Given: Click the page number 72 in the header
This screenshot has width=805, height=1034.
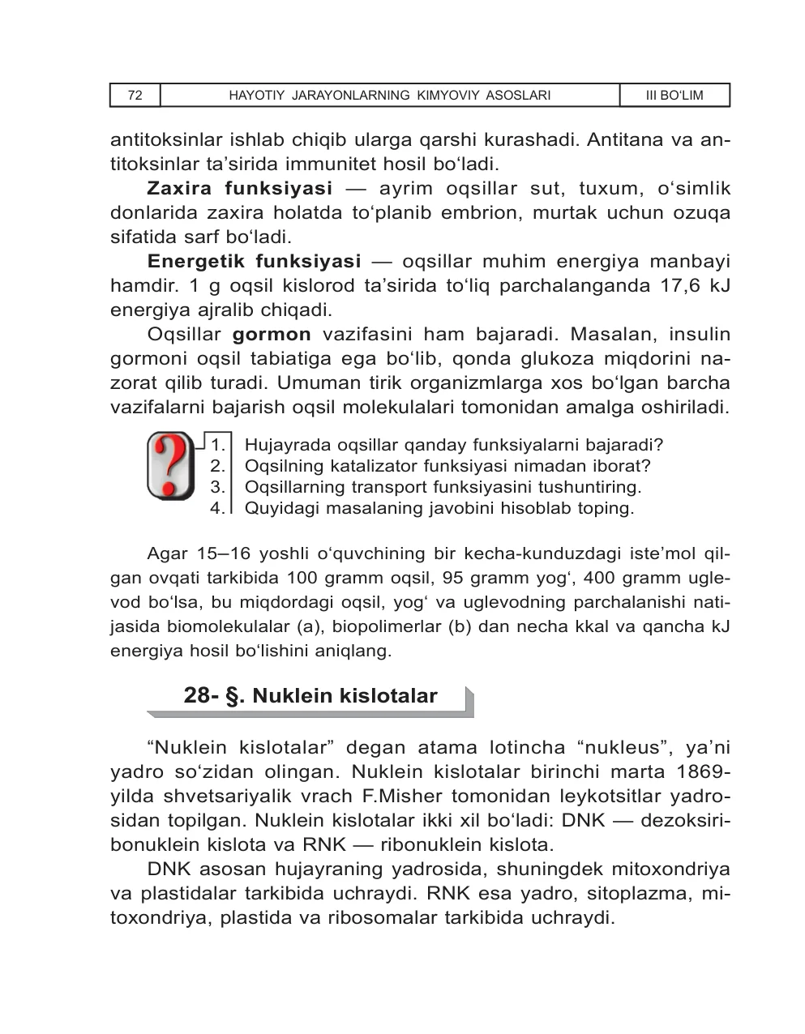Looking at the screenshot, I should point(135,96).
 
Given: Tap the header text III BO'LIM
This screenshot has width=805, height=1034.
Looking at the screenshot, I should point(674,96).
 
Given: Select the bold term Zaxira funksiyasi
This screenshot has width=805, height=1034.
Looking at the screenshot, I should point(240,189).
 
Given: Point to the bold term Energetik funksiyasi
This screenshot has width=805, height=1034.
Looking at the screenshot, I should point(255,262).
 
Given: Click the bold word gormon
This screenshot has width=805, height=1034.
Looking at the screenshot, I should point(272,335).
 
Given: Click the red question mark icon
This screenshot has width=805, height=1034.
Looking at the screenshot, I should point(170,466).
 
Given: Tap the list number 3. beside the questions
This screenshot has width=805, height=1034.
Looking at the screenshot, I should point(217,488).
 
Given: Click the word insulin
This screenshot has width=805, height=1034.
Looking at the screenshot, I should point(698,335).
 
